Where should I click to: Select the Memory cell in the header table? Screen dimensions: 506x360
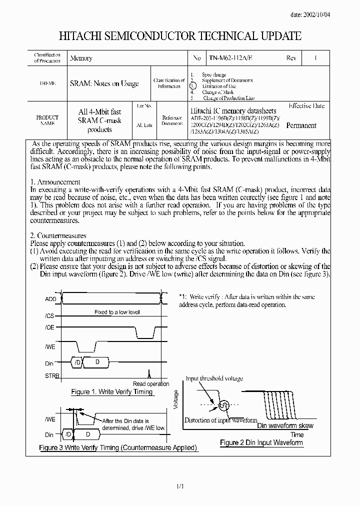tap(81, 58)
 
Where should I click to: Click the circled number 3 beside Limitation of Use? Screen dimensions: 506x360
tap(193, 86)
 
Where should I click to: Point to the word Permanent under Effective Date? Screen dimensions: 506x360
tap(301, 125)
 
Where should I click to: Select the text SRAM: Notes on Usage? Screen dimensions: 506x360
tap(104, 83)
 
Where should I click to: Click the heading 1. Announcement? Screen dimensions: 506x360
tap(55, 182)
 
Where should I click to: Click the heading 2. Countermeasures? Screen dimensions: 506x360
tap(58, 235)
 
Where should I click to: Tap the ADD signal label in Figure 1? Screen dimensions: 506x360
tap(50, 299)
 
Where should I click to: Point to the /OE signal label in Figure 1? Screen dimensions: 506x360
tap(49, 328)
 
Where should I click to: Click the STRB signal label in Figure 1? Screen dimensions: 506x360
tap(51, 375)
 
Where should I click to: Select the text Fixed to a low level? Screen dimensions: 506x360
tap(117, 312)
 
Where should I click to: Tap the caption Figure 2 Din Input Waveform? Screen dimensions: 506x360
tap(261, 442)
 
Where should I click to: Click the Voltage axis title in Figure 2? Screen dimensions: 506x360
tap(175, 400)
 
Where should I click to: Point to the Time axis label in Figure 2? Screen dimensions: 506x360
tap(297, 434)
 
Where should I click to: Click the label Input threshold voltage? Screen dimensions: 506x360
tap(214, 379)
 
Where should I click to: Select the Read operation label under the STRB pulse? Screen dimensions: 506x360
tap(151, 384)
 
